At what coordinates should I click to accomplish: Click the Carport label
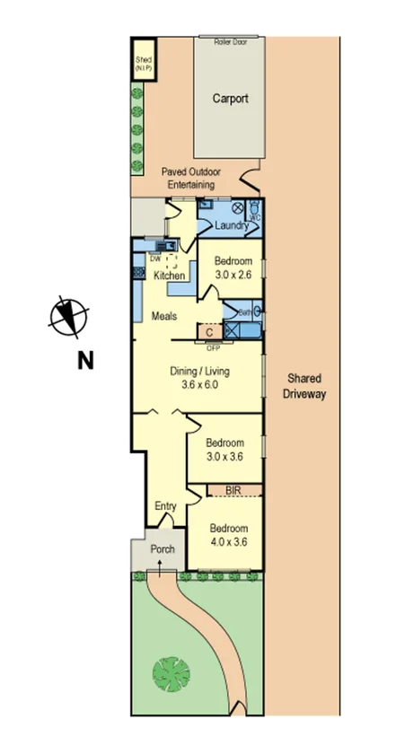pyautogui.click(x=230, y=99)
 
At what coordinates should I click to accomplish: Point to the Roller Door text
pyautogui.click(x=229, y=41)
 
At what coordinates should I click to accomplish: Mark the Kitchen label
pyautogui.click(x=169, y=276)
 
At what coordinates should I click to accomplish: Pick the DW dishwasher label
pyautogui.click(x=154, y=259)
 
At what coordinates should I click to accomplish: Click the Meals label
pyautogui.click(x=163, y=316)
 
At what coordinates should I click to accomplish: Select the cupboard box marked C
pyautogui.click(x=208, y=332)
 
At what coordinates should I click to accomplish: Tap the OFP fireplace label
pyautogui.click(x=213, y=347)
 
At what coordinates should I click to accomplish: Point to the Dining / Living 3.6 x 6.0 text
pyautogui.click(x=195, y=377)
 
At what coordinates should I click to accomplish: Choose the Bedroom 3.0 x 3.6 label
pyautogui.click(x=224, y=449)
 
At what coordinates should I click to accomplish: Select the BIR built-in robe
pyautogui.click(x=233, y=490)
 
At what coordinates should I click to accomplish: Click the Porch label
pyautogui.click(x=162, y=549)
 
